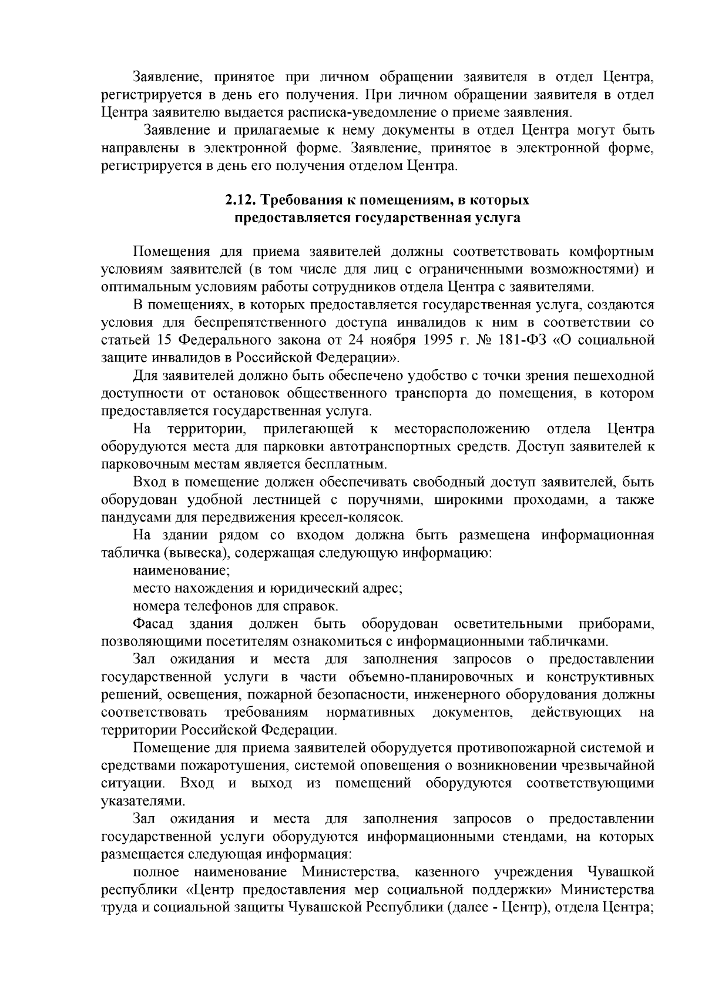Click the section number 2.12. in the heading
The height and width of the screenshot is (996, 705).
[x=241, y=200]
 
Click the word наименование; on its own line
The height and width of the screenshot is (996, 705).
[x=181, y=570]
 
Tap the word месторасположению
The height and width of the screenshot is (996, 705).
[x=462, y=429]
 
